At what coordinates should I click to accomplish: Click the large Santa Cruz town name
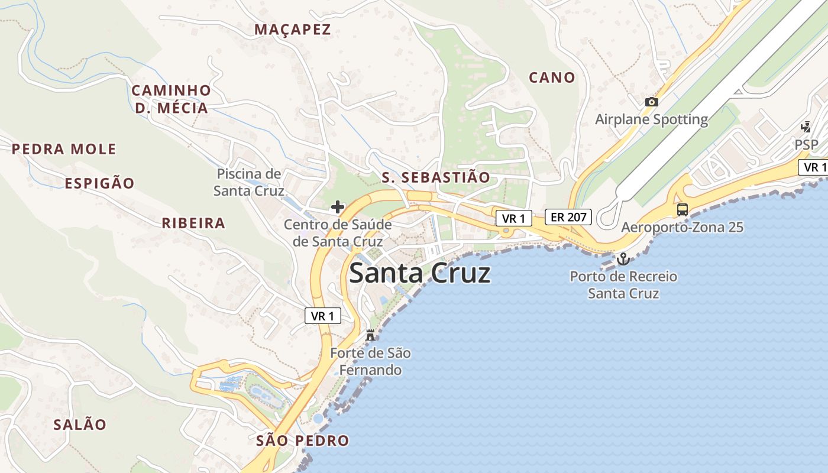(420, 274)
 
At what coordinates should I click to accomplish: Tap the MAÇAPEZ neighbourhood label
(292, 30)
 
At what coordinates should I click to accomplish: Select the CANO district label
(552, 77)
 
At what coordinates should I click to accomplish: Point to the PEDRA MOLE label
(64, 149)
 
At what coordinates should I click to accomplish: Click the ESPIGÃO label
(99, 183)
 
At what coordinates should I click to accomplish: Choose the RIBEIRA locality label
(193, 223)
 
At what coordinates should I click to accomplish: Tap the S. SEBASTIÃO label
(436, 177)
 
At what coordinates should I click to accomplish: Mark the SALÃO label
(80, 425)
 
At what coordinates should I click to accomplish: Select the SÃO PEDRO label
(303, 440)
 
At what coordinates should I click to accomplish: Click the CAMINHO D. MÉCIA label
(171, 99)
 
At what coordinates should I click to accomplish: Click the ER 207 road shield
(568, 217)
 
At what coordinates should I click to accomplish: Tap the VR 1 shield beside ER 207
(513, 218)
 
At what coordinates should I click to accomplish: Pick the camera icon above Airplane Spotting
(651, 102)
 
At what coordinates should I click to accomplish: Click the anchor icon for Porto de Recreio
(623, 259)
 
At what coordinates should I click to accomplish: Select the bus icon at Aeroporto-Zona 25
(683, 209)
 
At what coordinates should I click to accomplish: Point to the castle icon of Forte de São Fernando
(371, 335)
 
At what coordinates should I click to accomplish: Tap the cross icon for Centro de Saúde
(337, 207)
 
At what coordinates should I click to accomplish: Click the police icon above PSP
(806, 127)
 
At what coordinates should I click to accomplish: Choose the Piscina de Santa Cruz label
(248, 182)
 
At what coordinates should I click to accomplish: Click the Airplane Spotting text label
(651, 119)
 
